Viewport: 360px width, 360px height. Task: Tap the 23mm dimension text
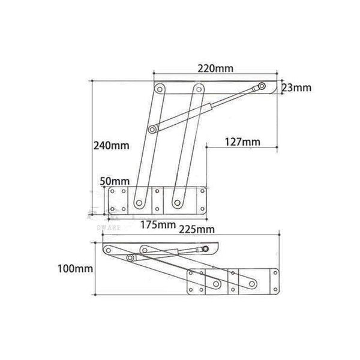pos(296,88)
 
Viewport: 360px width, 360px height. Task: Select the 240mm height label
pos(111,146)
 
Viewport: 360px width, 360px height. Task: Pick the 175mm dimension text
pos(157,225)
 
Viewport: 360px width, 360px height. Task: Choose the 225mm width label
pos(198,229)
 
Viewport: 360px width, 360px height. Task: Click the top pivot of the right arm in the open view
pos(196,89)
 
